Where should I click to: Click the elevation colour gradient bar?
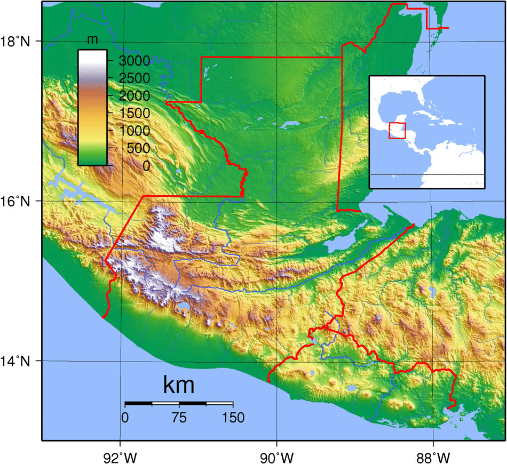(x=92, y=107)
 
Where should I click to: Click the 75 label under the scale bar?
(x=179, y=417)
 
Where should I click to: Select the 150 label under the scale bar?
(x=232, y=417)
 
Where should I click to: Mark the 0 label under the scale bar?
(x=125, y=417)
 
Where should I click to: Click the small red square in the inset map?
(x=397, y=131)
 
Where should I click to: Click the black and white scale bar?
(x=179, y=403)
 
